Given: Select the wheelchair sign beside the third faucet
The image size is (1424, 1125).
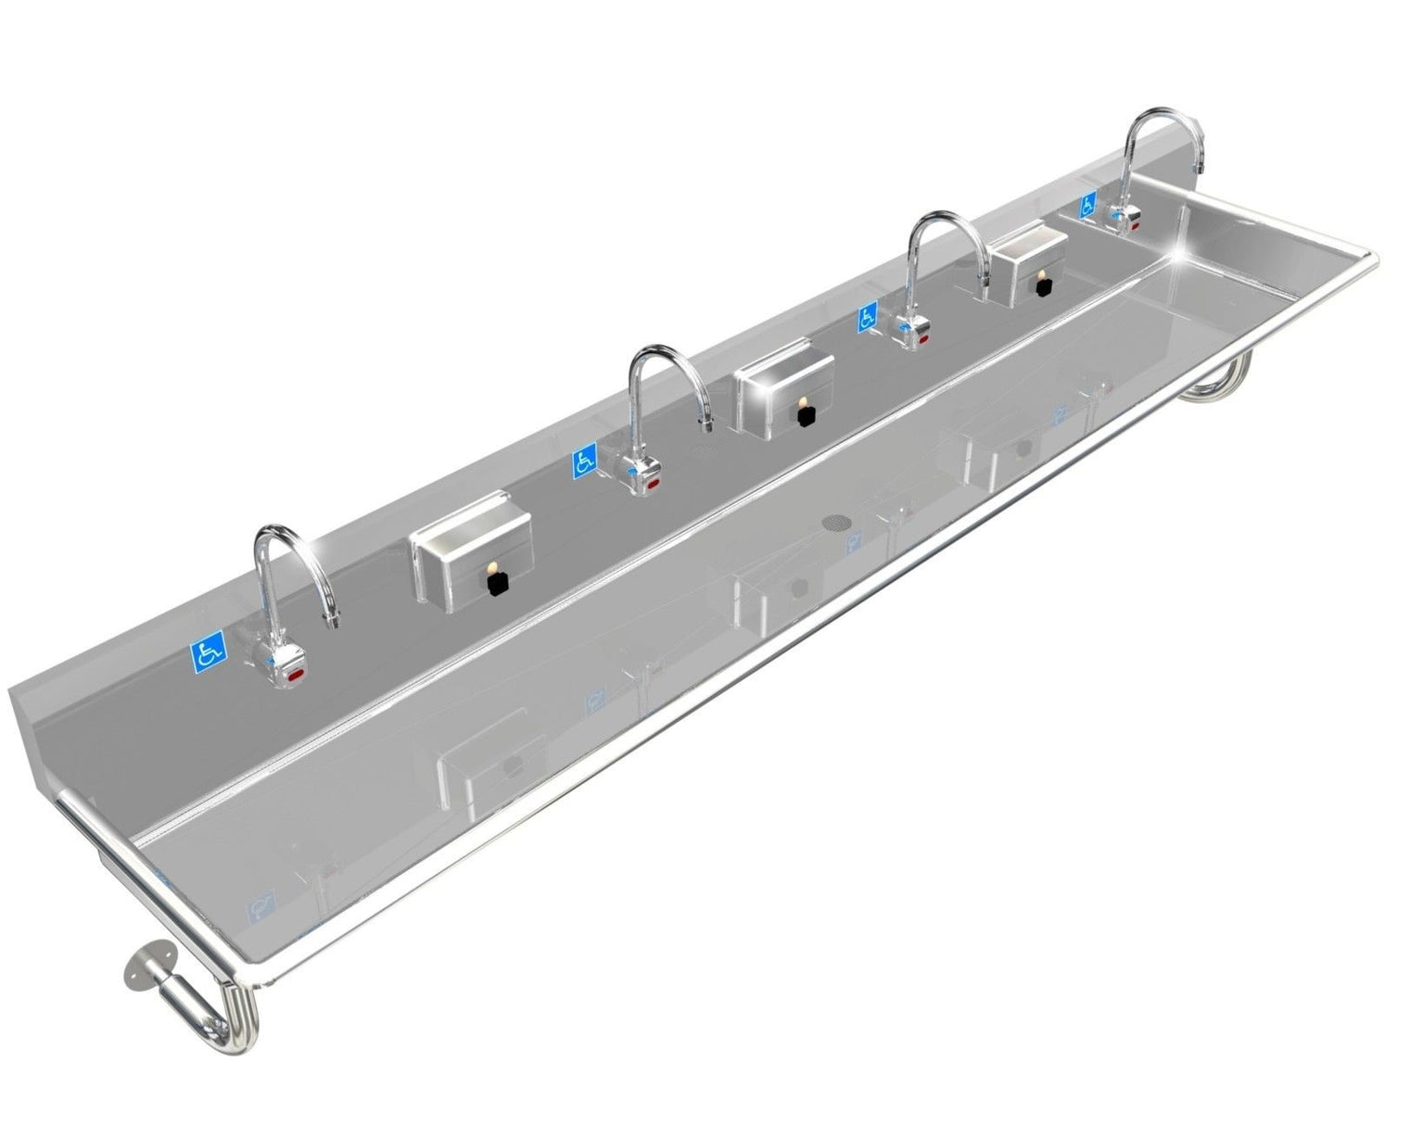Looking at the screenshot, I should coord(869,317).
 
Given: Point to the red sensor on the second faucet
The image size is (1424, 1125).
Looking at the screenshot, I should coord(653,484).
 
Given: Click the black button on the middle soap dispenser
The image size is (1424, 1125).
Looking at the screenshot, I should coord(806,416).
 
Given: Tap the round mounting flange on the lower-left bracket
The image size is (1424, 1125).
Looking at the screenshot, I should coord(141,969).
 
